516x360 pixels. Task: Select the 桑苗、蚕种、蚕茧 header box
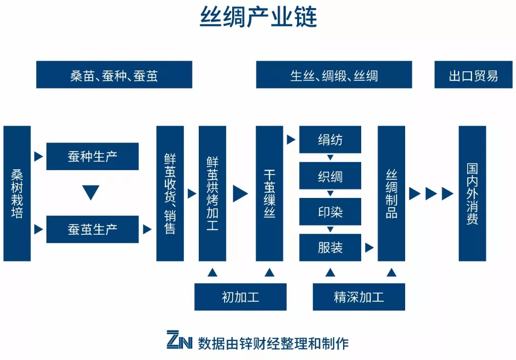[114, 75]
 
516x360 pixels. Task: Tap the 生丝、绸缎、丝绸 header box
[334, 75]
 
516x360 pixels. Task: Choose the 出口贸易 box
[473, 75]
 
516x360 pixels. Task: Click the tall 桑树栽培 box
[17, 194]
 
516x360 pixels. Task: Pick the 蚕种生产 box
[92, 156]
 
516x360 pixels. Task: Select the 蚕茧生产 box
[92, 229]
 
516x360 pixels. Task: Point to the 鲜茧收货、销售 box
[170, 194]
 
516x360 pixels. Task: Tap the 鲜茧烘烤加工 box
[212, 194]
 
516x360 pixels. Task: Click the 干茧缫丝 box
[269, 194]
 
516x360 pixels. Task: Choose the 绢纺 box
[330, 140]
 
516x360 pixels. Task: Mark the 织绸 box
[330, 176]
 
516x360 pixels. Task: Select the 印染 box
[330, 212]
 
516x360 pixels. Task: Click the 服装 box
[330, 248]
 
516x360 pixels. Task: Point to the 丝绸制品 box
[391, 194]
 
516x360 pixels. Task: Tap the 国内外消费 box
[472, 194]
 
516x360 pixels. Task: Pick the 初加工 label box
[240, 297]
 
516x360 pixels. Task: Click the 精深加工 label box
[359, 297]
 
